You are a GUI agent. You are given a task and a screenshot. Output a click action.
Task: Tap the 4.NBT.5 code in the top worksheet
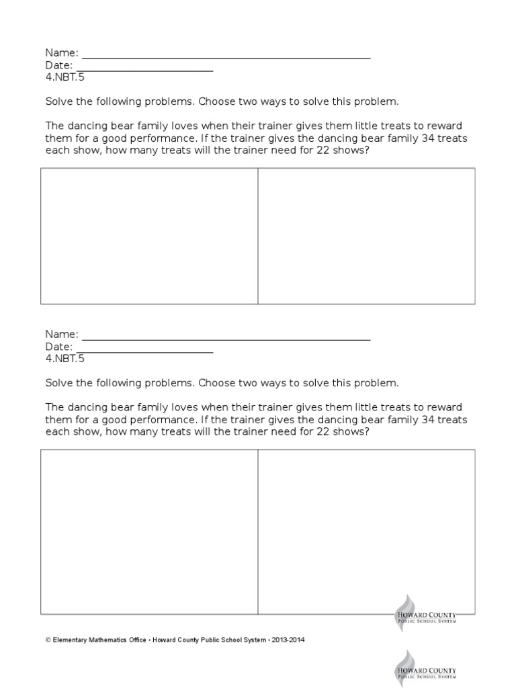coord(64,77)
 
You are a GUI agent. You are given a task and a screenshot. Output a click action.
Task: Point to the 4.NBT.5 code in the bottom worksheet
coord(64,359)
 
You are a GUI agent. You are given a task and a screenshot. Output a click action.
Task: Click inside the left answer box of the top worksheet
coord(149,236)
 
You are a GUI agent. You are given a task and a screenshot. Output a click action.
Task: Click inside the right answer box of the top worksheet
coord(366,236)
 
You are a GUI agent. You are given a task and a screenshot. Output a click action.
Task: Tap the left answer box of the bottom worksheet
coord(149,531)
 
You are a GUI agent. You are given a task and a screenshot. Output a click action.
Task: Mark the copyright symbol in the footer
coord(48,640)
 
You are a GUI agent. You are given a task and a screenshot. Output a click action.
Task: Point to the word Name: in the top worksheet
coord(62,52)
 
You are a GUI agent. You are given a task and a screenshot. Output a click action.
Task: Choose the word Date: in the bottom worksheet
coord(59,347)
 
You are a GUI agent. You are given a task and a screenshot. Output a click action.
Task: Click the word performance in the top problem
coord(163,138)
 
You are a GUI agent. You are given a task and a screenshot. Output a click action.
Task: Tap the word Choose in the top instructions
coord(215,102)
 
